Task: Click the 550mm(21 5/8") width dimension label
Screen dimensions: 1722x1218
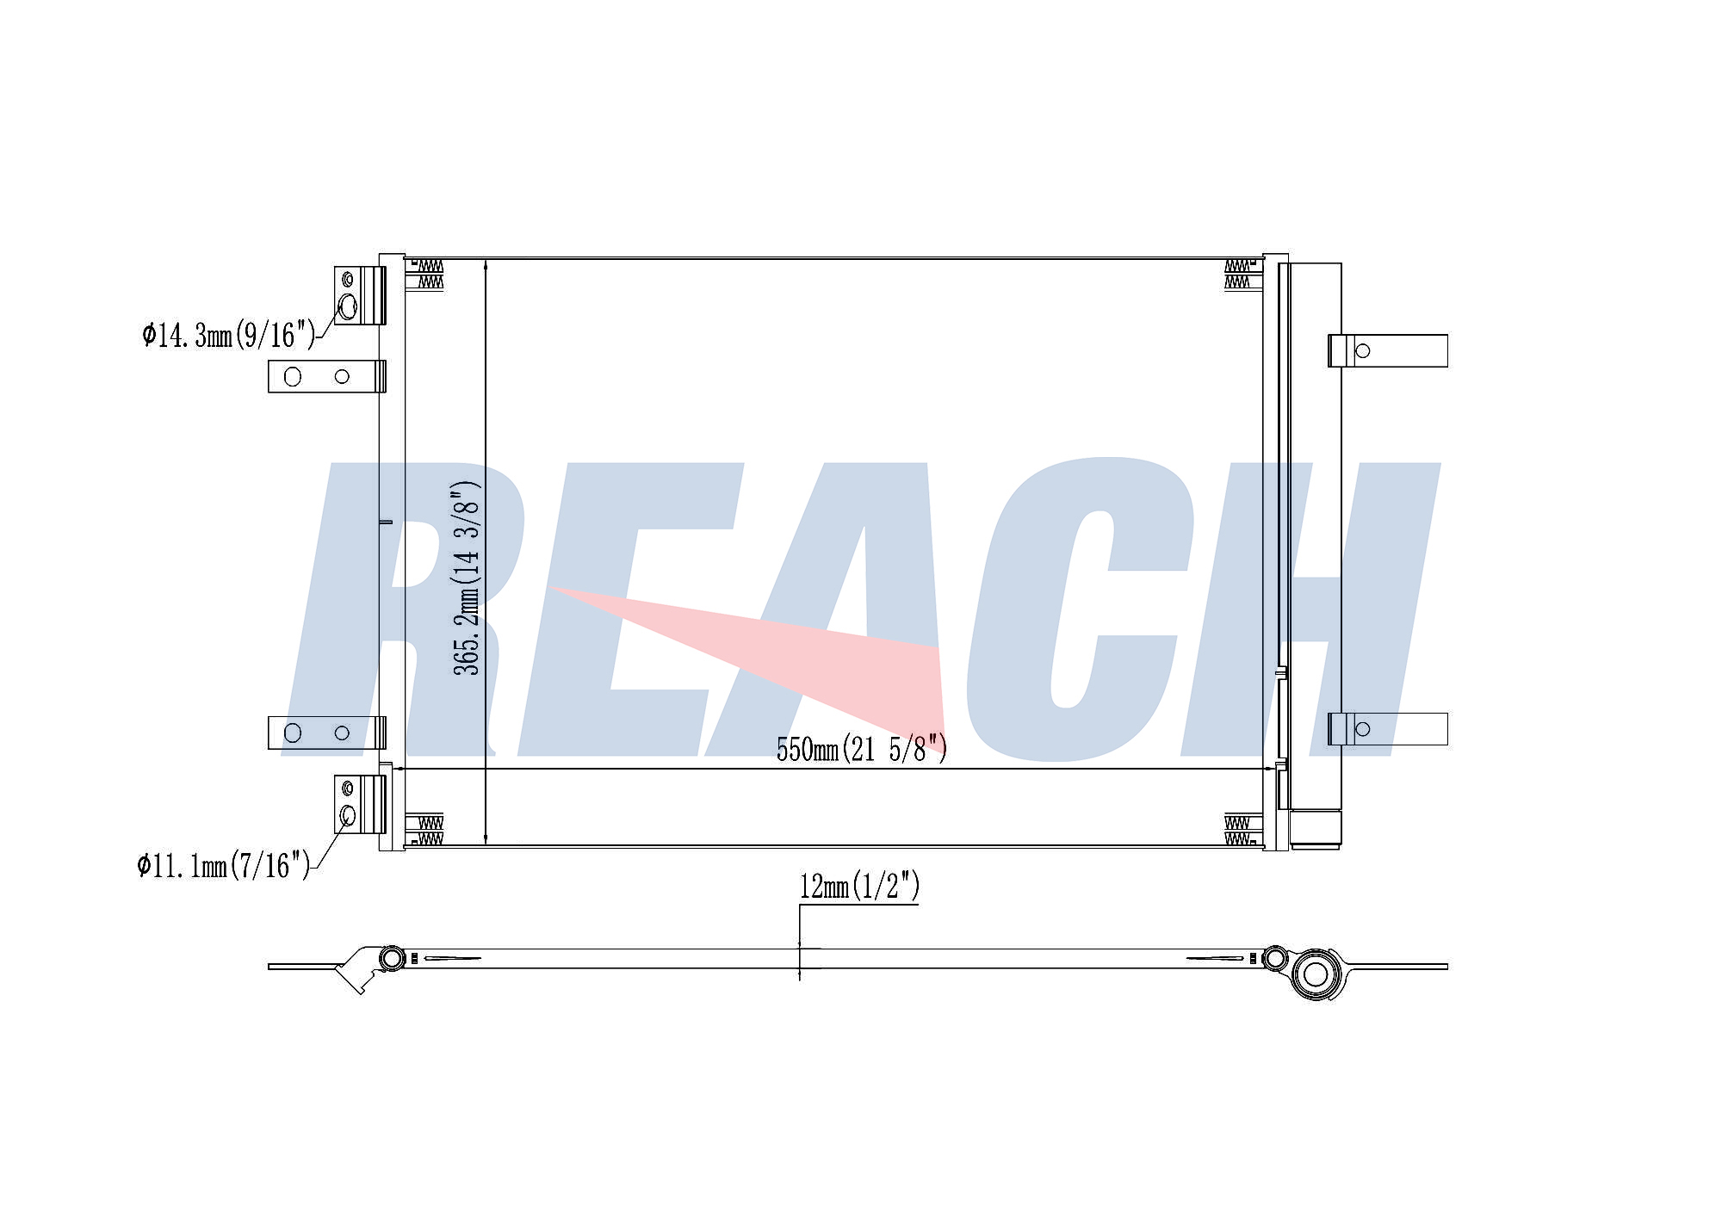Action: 862,749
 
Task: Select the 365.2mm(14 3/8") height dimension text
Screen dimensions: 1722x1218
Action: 467,578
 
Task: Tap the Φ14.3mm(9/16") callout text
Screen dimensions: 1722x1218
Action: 229,334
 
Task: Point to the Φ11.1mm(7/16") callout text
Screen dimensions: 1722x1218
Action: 223,864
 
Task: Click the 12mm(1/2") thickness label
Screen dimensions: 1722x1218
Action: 859,886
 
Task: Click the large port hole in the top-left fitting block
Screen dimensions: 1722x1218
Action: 348,306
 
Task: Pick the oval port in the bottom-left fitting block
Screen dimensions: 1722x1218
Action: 348,815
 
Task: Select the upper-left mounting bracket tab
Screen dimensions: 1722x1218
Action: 327,376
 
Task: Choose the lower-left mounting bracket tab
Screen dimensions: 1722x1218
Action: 327,733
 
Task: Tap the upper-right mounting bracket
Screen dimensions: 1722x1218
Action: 1388,350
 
